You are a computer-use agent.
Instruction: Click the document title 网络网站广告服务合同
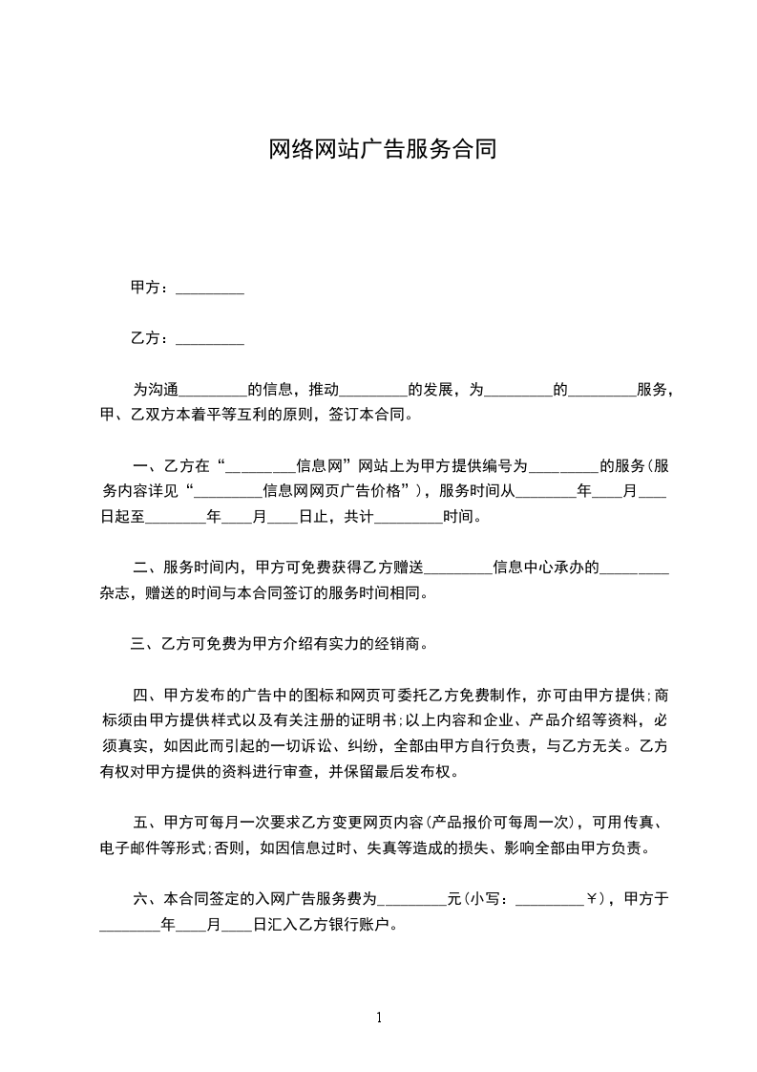[382, 149]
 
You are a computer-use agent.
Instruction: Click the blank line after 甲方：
[210, 288]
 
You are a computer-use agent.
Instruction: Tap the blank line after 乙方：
[210, 338]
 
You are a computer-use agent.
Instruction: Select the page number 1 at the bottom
[379, 1018]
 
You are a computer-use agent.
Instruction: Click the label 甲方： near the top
[151, 288]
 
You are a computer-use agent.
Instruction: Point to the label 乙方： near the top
[151, 338]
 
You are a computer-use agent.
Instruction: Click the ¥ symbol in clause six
[593, 899]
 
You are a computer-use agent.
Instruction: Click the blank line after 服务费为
[413, 900]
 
